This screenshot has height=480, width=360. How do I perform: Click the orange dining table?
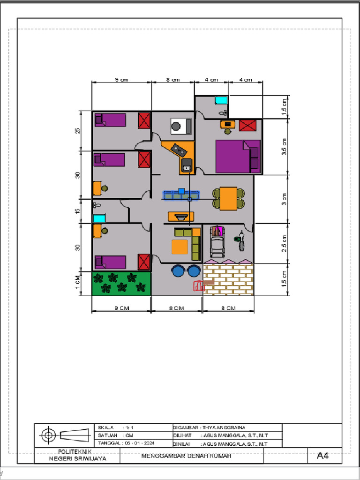click(229, 198)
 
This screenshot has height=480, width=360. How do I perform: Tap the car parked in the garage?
click(217, 241)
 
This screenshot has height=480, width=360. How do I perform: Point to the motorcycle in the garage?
click(241, 240)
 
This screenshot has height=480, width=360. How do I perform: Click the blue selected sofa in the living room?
click(181, 195)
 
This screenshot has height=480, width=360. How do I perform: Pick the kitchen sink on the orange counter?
click(187, 166)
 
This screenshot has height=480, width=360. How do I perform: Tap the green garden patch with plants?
click(121, 284)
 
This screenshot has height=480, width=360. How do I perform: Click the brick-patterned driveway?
click(228, 280)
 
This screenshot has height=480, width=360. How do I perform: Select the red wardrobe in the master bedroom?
click(248, 126)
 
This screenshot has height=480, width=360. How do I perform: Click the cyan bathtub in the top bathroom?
click(220, 100)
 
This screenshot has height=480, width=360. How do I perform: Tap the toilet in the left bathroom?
click(97, 205)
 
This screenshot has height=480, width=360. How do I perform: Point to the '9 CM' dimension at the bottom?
click(121, 308)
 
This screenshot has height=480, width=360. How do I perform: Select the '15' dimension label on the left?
click(78, 210)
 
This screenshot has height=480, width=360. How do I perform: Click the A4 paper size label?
click(323, 455)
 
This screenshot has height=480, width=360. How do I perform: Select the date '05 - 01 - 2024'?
click(139, 443)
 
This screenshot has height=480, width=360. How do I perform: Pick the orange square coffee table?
click(180, 247)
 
